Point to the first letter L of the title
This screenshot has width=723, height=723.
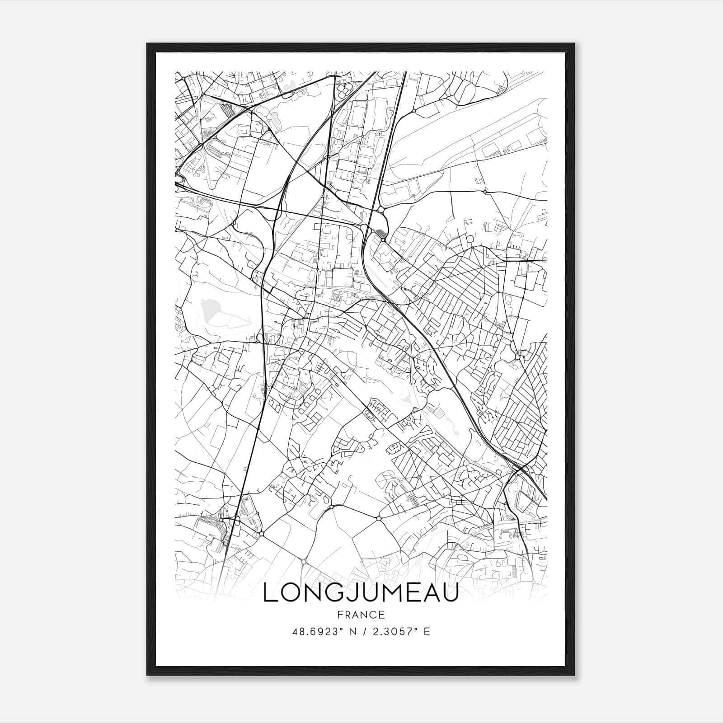269,593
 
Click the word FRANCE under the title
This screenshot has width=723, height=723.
361,615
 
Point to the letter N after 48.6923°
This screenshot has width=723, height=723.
353,632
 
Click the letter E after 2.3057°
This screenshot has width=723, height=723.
427,632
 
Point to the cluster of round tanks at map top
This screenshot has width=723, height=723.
344,88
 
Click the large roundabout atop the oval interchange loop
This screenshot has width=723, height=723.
381,210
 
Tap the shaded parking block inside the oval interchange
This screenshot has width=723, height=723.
381,233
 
